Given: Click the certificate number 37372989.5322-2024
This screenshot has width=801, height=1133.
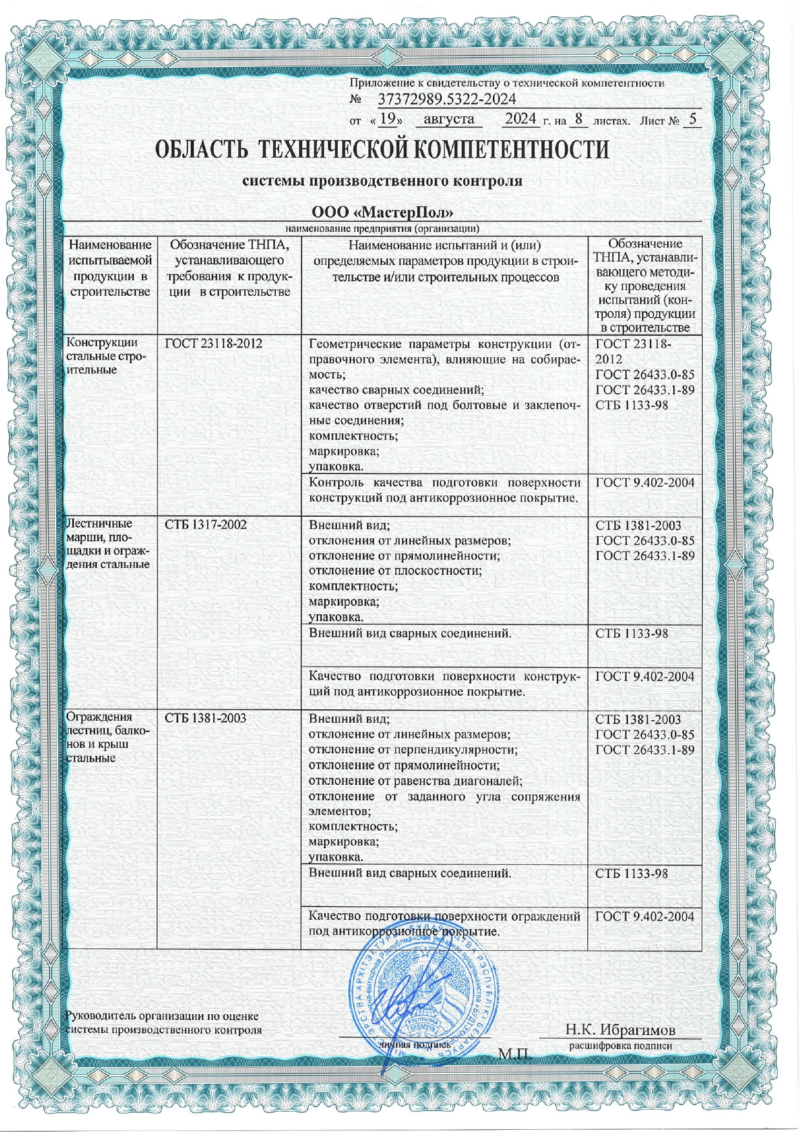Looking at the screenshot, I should tap(446, 99).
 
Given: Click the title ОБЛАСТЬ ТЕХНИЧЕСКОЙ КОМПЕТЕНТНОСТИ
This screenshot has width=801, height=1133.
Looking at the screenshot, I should tap(382, 150).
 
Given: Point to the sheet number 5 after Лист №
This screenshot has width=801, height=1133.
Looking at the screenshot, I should tap(692, 119).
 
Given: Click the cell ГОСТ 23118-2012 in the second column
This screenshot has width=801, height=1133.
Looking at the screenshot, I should tap(214, 344).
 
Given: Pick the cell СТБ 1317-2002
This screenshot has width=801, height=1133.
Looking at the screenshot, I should tap(205, 525).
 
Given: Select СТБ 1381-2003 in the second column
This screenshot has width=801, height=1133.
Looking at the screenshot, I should tap(205, 718).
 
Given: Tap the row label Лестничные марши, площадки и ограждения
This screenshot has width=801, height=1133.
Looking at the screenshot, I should tap(108, 543).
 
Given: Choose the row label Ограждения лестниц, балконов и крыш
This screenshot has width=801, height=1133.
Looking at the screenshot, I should tap(108, 737).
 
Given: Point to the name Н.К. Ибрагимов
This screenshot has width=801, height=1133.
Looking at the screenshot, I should tap(620, 1030).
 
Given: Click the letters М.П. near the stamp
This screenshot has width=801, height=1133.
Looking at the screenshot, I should tap(515, 1055).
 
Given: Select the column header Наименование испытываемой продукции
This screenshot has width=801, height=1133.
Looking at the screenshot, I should tap(111, 268).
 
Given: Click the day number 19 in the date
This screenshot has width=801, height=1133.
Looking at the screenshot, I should tap(387, 119).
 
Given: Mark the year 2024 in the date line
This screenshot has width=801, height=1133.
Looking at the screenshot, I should tap(521, 119).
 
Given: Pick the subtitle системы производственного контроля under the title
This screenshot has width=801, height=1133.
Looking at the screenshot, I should tap(382, 182).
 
